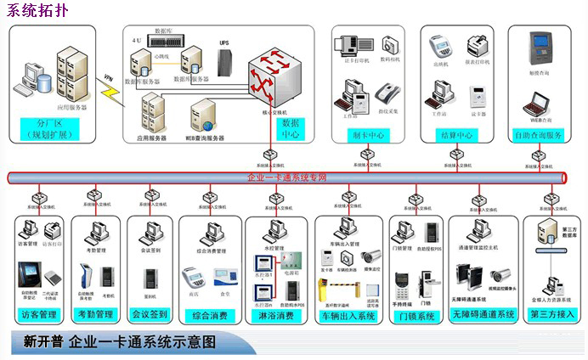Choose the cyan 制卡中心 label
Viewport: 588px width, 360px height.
pyautogui.click(x=368, y=135)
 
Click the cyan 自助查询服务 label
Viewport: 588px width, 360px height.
pyautogui.click(x=539, y=135)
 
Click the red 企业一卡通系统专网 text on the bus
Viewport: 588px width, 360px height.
pyautogui.click(x=287, y=177)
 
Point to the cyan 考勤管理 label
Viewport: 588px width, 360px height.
pyautogui.click(x=94, y=315)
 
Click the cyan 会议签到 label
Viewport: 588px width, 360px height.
pyautogui.click(x=150, y=315)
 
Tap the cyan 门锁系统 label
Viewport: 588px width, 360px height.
pyautogui.click(x=416, y=316)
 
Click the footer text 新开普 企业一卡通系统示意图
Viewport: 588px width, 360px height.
pyautogui.click(x=119, y=342)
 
